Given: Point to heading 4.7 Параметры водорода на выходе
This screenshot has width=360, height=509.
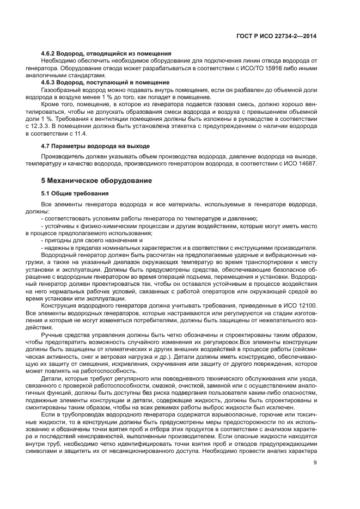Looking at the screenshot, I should (95, 146).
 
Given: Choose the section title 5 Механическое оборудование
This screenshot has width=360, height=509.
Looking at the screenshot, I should (96, 180).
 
